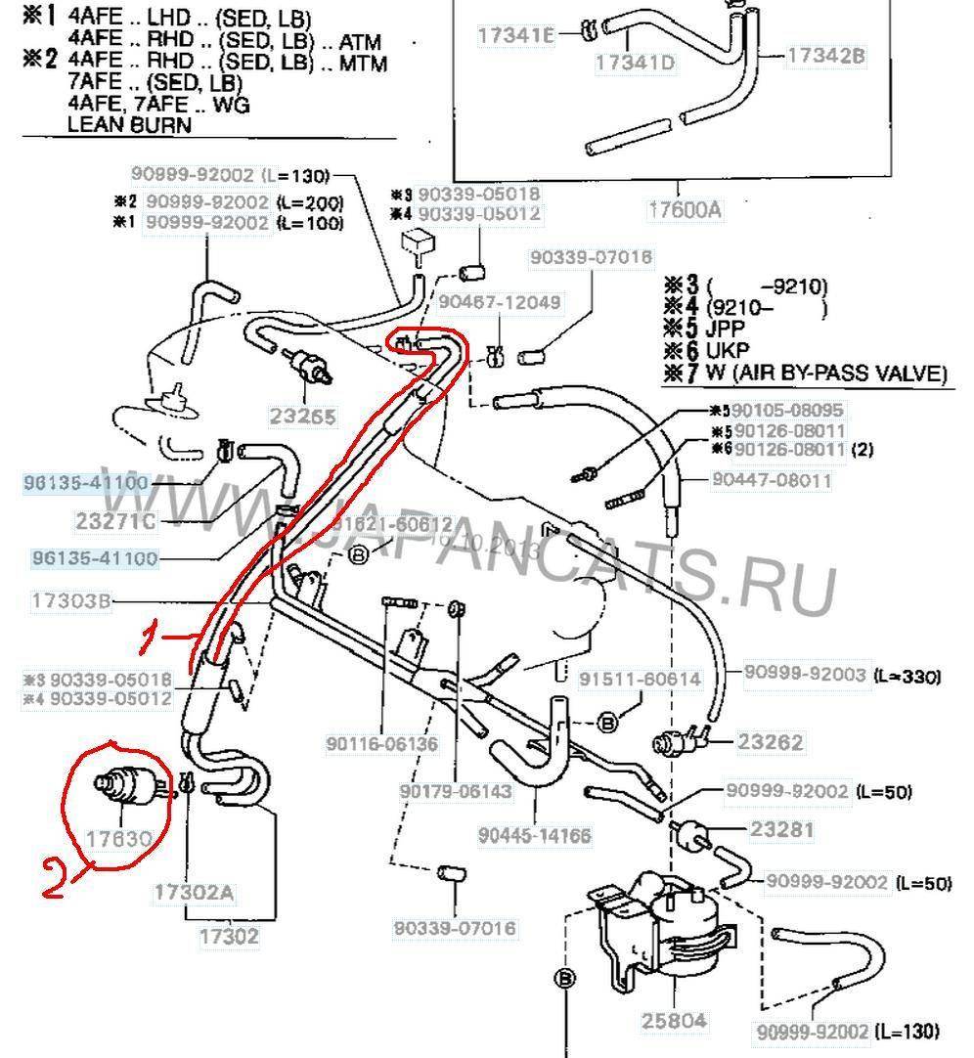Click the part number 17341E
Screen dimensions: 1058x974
[x=515, y=36]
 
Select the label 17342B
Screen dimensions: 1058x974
[x=825, y=56]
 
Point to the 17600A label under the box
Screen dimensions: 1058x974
[x=686, y=208]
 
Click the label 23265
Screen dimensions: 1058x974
[x=302, y=417]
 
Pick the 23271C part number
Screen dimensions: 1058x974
[x=114, y=521]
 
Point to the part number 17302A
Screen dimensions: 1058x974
[x=193, y=892]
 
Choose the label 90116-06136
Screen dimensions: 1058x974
[x=382, y=744]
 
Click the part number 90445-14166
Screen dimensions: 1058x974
[x=535, y=836]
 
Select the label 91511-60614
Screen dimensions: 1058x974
[x=639, y=680]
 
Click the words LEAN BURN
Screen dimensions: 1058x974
[x=129, y=124]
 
